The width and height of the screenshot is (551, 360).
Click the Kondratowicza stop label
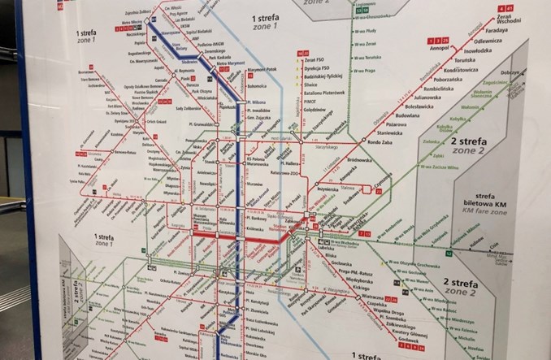tap(460, 70)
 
